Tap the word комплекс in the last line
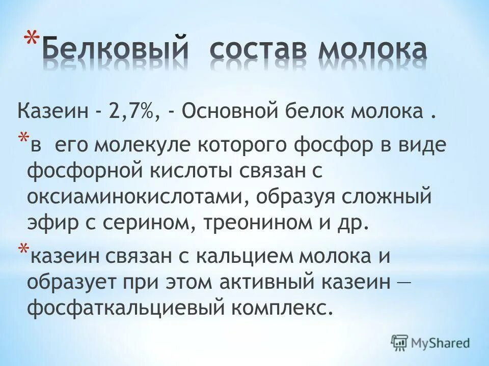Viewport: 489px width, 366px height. click(x=280, y=308)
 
